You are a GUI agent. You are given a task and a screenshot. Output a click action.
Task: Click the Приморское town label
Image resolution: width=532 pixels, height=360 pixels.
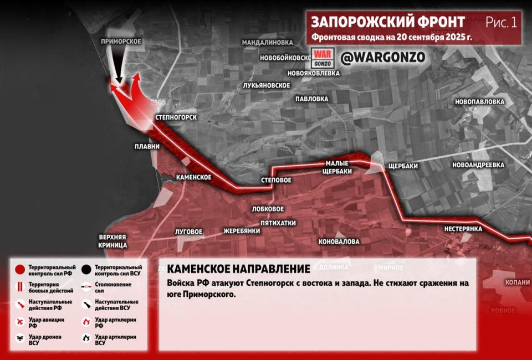click(x=121, y=42)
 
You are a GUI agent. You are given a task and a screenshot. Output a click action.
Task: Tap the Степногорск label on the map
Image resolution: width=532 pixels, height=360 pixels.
click(x=176, y=118)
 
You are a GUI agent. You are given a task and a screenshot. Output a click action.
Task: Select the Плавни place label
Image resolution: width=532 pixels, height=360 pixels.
click(x=147, y=147)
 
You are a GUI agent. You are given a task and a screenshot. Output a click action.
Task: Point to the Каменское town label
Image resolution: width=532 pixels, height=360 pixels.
click(x=194, y=177)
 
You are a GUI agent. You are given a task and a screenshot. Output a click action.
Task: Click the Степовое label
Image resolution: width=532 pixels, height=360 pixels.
click(x=276, y=181)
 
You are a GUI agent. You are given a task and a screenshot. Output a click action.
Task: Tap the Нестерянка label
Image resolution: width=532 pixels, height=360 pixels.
click(x=463, y=229)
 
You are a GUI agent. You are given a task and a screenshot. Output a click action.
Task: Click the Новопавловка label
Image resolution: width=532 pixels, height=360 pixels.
click(x=479, y=102)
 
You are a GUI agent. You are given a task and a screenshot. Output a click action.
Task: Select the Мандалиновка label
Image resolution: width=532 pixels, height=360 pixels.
click(x=267, y=42)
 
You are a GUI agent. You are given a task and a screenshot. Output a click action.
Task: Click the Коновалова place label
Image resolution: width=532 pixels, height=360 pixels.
click(x=339, y=241)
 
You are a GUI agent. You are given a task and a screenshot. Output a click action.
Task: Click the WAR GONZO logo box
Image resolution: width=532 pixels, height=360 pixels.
click(x=322, y=58)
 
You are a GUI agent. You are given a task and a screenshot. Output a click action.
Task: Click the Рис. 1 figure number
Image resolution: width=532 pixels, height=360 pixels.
click(x=501, y=22)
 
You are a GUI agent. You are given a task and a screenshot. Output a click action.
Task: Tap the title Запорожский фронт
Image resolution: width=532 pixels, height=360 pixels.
click(x=388, y=22)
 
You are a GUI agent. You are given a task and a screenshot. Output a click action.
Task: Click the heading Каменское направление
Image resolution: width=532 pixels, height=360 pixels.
click(x=238, y=269)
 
